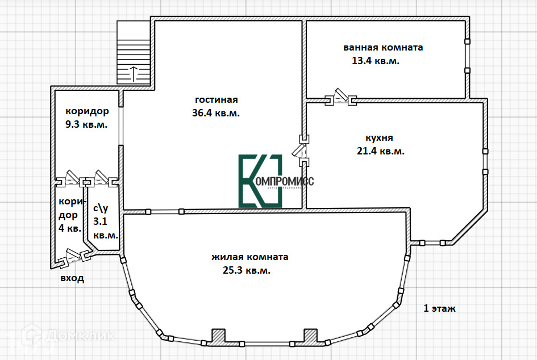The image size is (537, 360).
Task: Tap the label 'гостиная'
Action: click(216, 99)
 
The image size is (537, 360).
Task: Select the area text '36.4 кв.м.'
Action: click(216, 113)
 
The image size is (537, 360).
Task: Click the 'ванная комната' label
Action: click(383, 48)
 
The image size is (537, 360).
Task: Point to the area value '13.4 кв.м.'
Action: click(376, 61)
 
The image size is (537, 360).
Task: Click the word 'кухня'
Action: click(379, 137)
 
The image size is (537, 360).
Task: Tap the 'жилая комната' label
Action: click(249, 257)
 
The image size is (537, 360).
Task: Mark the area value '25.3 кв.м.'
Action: click(247, 270)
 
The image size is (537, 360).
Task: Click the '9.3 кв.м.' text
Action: click(87, 124)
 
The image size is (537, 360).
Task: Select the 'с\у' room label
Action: click(101, 208)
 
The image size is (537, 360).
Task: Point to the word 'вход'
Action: click(72, 278)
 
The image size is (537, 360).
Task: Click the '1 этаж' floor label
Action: click(439, 309)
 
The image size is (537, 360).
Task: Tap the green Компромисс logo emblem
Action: click(260, 181)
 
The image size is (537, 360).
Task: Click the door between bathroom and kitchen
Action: click(340, 98)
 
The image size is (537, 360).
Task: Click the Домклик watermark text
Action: click(80, 336)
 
